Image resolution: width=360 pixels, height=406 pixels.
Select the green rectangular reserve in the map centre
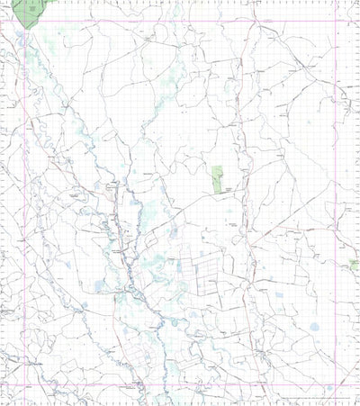pos(217,177)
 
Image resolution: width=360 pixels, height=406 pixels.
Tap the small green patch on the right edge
pos(355,264)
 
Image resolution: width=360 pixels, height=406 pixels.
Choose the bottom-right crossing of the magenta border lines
pos(336,384)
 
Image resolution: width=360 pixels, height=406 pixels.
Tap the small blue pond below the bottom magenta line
pos(329,389)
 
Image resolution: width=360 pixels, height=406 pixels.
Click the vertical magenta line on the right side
pos(336,180)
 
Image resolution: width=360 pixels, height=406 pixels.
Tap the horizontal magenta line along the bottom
pos(180,384)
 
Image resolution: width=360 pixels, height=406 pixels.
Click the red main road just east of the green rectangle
pos(241,180)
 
